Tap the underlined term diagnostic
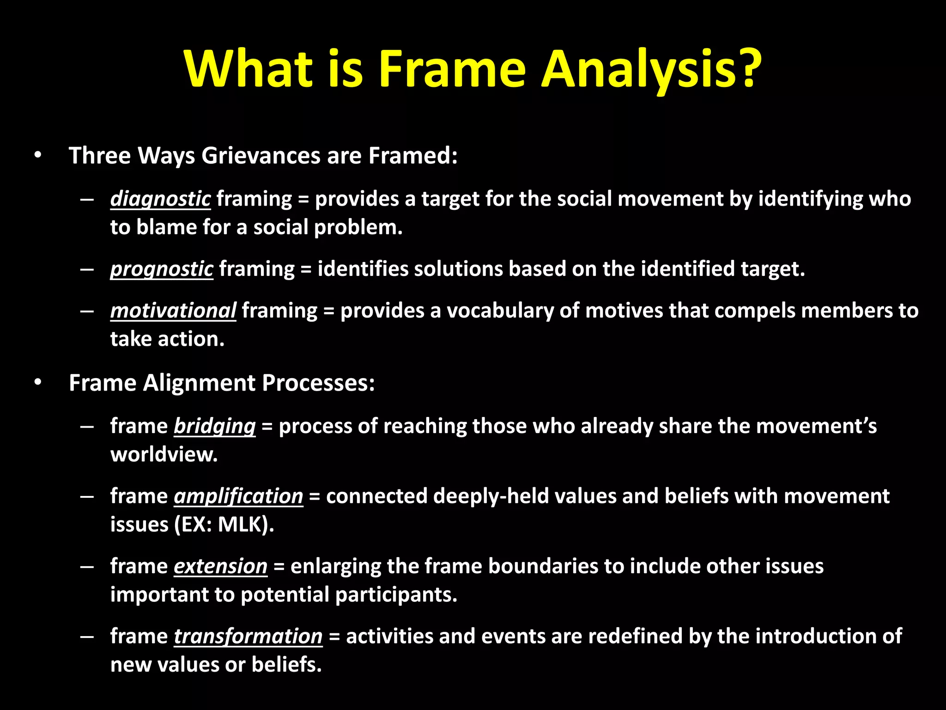pyautogui.click(x=160, y=199)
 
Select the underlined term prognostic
pyautogui.click(x=162, y=269)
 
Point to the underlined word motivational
pyautogui.click(x=173, y=311)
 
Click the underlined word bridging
pyautogui.click(x=214, y=426)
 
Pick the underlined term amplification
pyautogui.click(x=238, y=496)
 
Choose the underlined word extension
pyautogui.click(x=220, y=567)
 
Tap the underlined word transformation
pyautogui.click(x=248, y=637)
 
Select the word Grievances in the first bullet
pyautogui.click(x=261, y=156)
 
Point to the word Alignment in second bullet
pyautogui.click(x=199, y=383)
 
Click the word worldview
pyautogui.click(x=164, y=455)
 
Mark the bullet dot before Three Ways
pyautogui.click(x=38, y=155)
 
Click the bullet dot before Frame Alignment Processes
pyautogui.click(x=38, y=383)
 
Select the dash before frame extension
pyautogui.click(x=87, y=567)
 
